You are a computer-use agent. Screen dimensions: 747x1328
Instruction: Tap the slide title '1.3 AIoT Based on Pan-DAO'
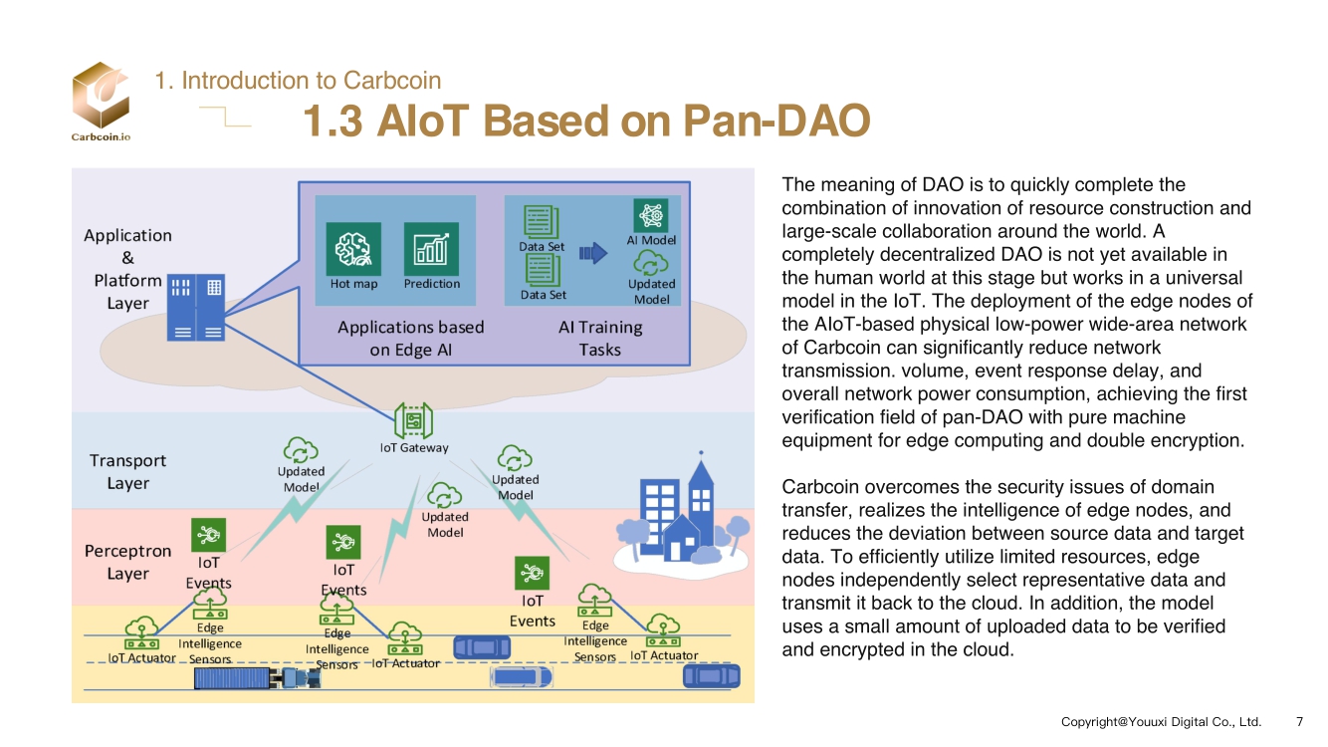[x=586, y=123]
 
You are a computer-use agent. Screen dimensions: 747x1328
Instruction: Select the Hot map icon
[x=353, y=248]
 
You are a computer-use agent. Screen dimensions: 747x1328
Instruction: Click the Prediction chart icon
[x=431, y=248]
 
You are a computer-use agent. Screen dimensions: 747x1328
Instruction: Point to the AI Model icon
[x=651, y=215]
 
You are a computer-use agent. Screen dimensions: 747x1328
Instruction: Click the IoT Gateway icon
[x=412, y=421]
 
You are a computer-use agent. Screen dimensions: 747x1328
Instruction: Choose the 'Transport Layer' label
[x=127, y=472]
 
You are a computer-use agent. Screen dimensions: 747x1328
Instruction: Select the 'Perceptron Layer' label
[x=127, y=562]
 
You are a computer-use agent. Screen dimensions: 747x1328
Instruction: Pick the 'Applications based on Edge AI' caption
[x=410, y=339]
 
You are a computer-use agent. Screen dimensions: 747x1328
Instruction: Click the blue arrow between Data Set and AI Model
[x=592, y=254]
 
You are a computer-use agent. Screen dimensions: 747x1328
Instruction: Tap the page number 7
[x=1299, y=721]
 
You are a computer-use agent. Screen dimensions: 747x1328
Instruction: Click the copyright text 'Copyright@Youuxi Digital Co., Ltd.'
[x=1161, y=721]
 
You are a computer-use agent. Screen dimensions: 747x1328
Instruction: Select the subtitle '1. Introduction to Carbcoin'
[x=298, y=81]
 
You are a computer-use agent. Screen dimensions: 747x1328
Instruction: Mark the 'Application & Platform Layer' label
[x=127, y=269]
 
